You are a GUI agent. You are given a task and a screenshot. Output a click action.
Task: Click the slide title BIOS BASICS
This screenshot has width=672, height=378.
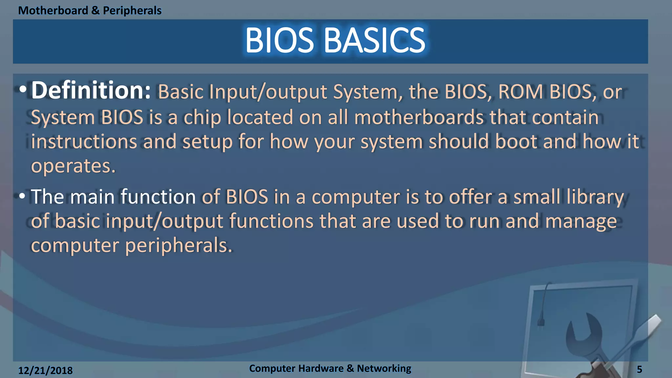[x=335, y=40]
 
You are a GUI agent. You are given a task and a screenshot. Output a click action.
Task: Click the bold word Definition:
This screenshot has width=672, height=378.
[x=91, y=90]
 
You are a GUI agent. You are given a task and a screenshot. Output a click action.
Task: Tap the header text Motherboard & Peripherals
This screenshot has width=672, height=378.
[x=90, y=10]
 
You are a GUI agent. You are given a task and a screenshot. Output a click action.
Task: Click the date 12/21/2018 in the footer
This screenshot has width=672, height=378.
[x=45, y=370]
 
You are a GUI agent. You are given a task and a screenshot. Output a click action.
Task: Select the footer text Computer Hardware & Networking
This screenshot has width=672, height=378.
[x=330, y=368]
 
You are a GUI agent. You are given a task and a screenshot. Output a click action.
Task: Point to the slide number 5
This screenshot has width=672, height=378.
[x=639, y=369]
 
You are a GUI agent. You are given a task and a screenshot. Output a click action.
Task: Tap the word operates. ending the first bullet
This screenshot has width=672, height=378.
[x=73, y=166]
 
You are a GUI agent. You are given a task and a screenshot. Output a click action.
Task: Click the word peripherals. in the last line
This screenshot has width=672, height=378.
[x=178, y=245]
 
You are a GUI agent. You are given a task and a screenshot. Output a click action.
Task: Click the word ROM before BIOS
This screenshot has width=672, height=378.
[x=520, y=92]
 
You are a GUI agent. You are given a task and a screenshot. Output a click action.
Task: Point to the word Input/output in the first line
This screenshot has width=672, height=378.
[x=268, y=92]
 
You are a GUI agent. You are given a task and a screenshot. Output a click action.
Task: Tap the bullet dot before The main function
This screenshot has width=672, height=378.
[x=22, y=196]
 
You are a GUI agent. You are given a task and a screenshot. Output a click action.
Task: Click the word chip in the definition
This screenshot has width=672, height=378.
[x=202, y=117]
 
